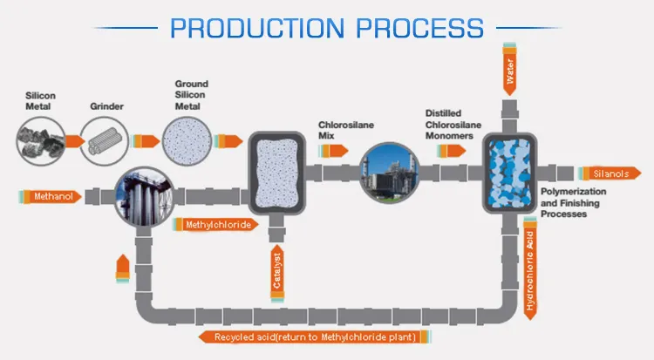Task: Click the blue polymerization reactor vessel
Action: coord(512,173)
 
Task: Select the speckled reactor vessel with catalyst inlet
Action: coord(276,173)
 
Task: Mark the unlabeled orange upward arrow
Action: coord(123,268)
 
